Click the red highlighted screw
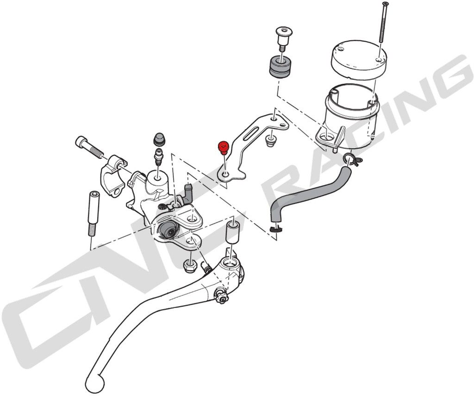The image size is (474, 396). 224,147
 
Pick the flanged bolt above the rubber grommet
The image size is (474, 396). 283,38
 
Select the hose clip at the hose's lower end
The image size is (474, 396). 275,229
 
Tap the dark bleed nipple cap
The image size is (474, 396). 159,139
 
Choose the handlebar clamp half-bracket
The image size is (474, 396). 113,176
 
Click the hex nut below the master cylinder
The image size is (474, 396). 189,267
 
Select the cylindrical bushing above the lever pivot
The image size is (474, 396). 232,232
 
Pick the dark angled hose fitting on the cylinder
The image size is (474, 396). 188,193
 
